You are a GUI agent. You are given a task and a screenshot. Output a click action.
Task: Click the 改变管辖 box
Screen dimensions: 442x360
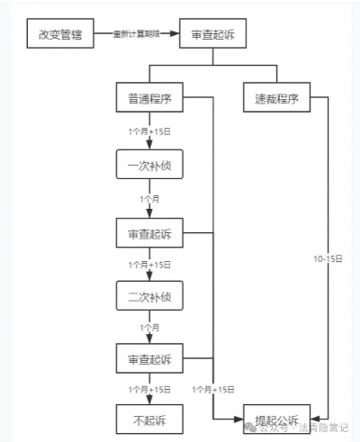coord(58,36)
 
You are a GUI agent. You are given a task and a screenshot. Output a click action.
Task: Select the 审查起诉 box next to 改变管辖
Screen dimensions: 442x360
coord(212,36)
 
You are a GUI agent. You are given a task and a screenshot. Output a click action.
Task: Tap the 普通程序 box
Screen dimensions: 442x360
coord(149,98)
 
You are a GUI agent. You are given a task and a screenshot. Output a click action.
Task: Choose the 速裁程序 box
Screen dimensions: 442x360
coord(274,98)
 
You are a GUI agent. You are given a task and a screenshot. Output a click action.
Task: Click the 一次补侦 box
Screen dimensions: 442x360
coord(149,167)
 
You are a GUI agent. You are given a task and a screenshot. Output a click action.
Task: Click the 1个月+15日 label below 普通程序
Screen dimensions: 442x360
coord(149,132)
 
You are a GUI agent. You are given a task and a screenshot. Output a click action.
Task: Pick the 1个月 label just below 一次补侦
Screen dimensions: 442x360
coord(149,198)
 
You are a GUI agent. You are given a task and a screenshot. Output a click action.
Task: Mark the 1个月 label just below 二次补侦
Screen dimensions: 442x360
coord(149,326)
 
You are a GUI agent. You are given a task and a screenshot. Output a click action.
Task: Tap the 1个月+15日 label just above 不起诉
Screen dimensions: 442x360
coord(149,389)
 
